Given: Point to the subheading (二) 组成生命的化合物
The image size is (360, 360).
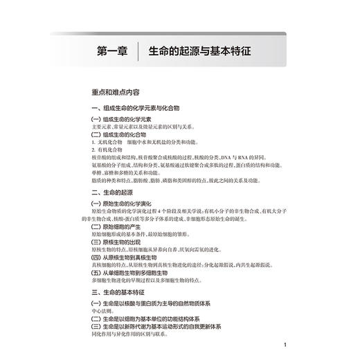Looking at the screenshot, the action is coord(118,134).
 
